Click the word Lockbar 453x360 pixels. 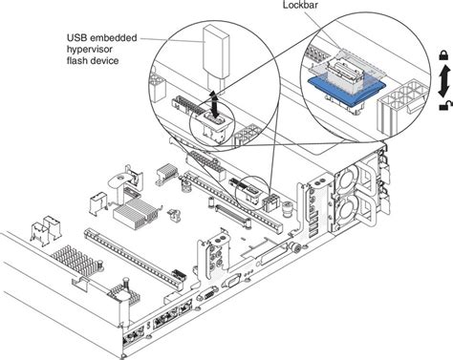pyautogui.click(x=303, y=7)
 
